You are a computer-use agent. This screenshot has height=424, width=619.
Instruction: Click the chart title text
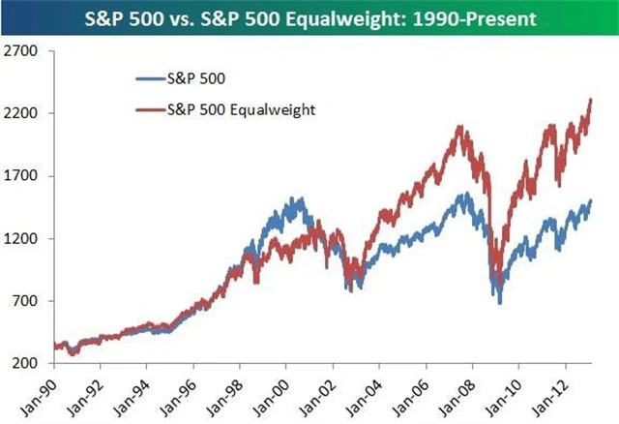click(309, 18)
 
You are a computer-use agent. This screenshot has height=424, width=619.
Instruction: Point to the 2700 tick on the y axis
click(20, 51)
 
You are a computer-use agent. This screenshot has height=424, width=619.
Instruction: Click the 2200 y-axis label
click(20, 114)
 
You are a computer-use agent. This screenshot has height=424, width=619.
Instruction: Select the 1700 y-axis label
click(20, 176)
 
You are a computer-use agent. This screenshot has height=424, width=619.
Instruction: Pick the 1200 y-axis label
click(20, 239)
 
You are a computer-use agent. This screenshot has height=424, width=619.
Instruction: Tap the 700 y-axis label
click(24, 301)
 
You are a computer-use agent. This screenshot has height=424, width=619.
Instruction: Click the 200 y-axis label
click(24, 363)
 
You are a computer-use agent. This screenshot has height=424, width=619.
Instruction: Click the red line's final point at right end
click(591, 100)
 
